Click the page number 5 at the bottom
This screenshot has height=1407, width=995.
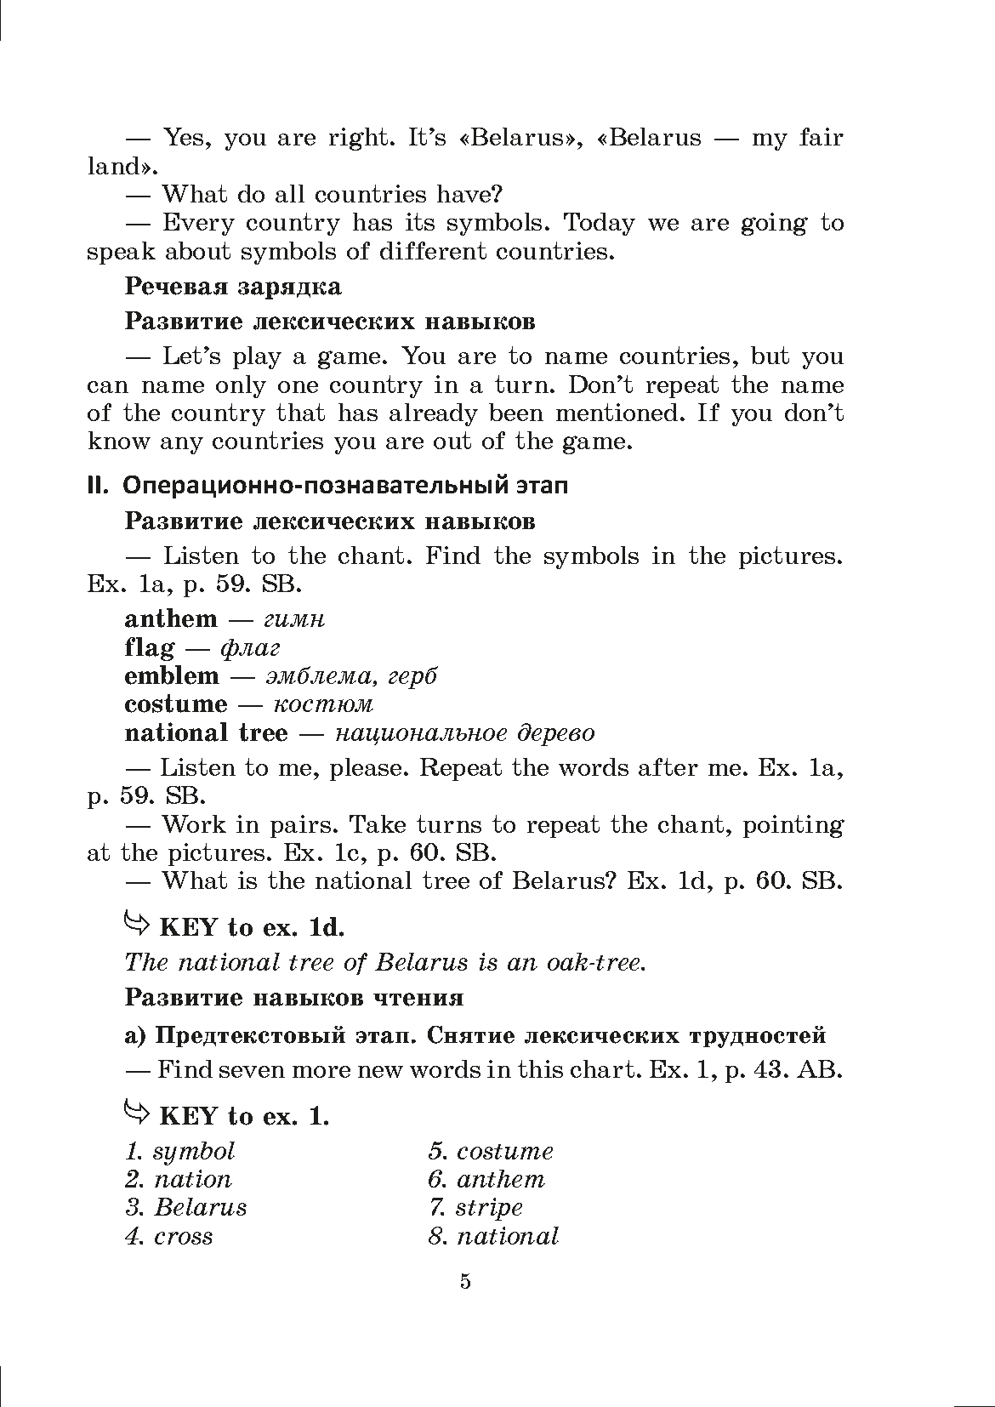(464, 1282)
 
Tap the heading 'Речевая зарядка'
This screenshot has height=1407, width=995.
(232, 286)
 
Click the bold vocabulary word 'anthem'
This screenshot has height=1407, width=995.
(170, 618)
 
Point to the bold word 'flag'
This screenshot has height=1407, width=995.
(149, 647)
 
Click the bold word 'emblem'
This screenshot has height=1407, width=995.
(171, 675)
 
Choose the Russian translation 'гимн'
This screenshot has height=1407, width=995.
(295, 619)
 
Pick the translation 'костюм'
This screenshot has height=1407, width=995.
(323, 704)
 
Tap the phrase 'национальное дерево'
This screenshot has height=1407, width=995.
(464, 732)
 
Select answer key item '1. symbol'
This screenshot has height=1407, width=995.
(179, 1151)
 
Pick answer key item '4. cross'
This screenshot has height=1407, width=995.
(168, 1236)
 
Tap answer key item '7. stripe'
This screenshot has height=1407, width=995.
(475, 1208)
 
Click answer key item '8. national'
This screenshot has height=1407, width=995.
(493, 1236)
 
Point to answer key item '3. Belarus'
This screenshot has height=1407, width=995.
(185, 1208)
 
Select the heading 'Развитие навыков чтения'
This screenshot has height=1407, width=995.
(293, 997)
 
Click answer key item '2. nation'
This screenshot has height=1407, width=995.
(178, 1180)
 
